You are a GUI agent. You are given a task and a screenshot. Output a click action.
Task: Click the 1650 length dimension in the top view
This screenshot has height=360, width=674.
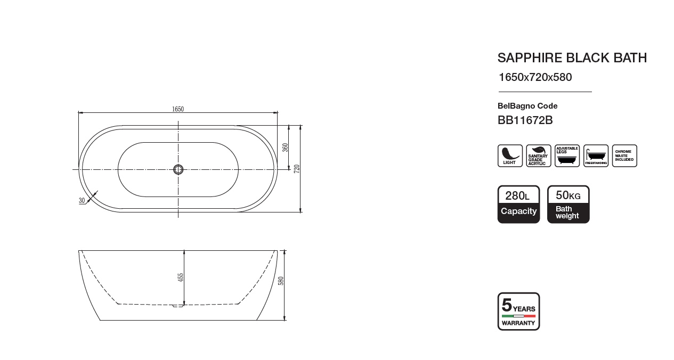[x=178, y=109]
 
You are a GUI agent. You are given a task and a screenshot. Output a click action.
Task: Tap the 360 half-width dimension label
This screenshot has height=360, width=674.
[x=285, y=148]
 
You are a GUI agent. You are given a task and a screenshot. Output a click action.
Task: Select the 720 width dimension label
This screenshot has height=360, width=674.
[x=297, y=168]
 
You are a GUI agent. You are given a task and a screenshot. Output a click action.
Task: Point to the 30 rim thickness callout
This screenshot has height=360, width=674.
[x=82, y=201]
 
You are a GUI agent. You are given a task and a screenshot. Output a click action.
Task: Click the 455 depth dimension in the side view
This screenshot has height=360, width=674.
[x=181, y=277]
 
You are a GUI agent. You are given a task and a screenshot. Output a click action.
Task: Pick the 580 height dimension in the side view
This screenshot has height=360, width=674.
[x=281, y=281]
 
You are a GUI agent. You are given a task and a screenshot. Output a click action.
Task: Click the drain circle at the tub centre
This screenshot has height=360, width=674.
[x=178, y=170]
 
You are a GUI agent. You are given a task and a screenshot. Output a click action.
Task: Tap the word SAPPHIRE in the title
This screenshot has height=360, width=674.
[x=530, y=58]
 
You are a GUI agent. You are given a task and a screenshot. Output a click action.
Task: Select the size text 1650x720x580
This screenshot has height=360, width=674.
[x=535, y=77]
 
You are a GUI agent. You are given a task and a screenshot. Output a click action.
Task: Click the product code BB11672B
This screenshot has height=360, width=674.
[x=525, y=120]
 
